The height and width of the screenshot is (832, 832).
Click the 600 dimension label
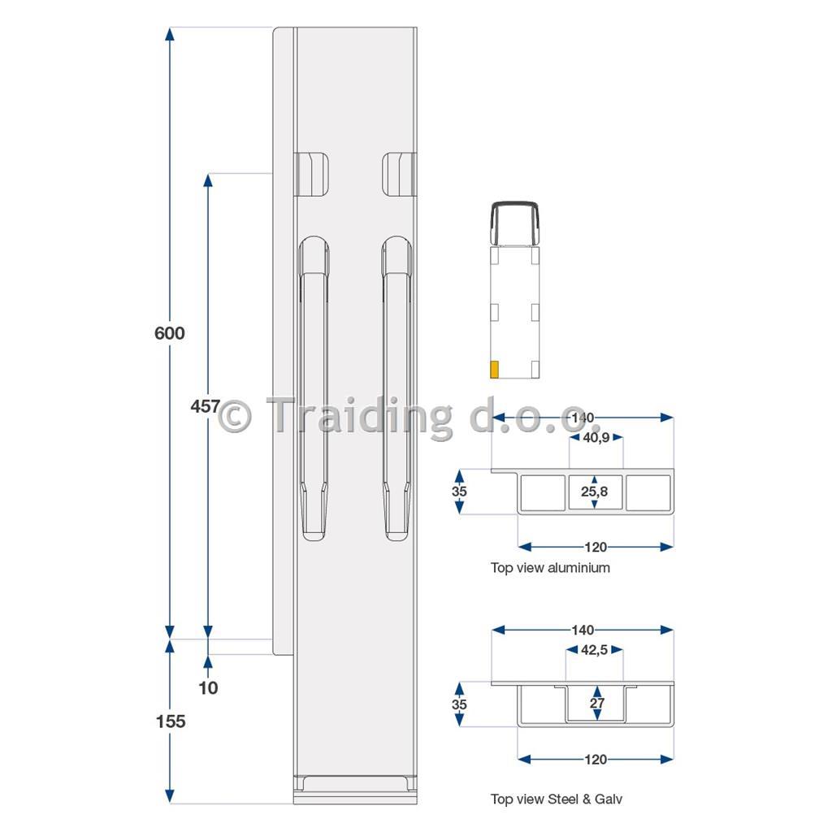click(169, 333)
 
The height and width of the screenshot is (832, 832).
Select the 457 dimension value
click(205, 406)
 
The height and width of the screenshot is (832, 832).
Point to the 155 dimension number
click(171, 721)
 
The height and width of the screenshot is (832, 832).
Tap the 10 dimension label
click(208, 687)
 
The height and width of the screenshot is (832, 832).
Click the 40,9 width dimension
click(596, 438)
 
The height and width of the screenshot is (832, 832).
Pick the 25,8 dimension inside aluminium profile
click(594, 492)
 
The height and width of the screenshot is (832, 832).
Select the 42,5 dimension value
click(594, 650)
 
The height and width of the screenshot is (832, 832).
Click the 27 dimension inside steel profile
click(597, 703)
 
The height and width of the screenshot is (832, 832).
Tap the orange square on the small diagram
click(494, 370)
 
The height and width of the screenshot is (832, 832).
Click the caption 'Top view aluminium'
click(550, 568)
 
